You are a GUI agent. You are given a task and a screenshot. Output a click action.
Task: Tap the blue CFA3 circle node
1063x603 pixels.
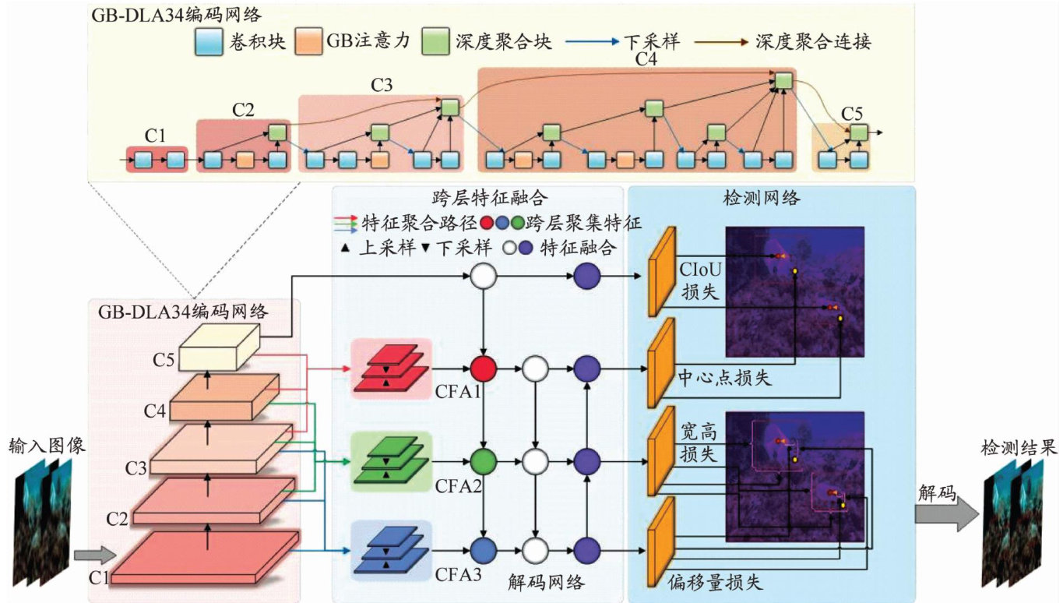click(x=484, y=548)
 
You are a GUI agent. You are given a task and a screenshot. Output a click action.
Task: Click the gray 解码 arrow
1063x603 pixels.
click(x=945, y=513)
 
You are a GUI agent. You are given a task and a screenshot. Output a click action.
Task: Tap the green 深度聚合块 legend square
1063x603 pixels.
click(x=433, y=43)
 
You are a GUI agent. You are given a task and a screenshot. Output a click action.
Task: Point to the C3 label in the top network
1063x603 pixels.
click(x=381, y=86)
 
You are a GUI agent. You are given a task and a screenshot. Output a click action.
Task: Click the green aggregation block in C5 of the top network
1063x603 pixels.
click(x=857, y=132)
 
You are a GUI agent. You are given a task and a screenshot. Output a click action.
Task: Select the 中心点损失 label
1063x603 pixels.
click(x=724, y=378)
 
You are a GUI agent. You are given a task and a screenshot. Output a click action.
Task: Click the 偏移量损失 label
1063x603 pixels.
click(x=715, y=582)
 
